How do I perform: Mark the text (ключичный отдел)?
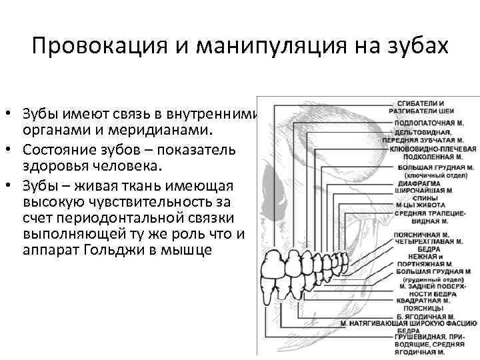coord(426,174)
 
